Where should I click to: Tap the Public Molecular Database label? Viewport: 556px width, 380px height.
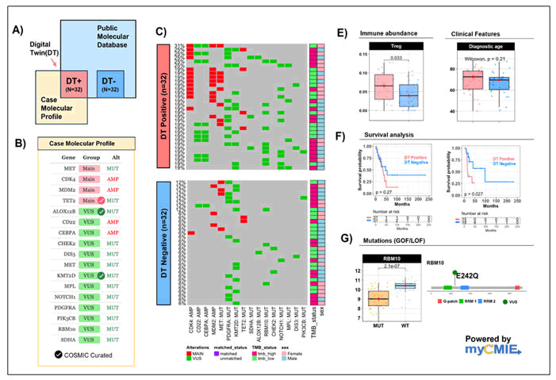click(119, 33)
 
